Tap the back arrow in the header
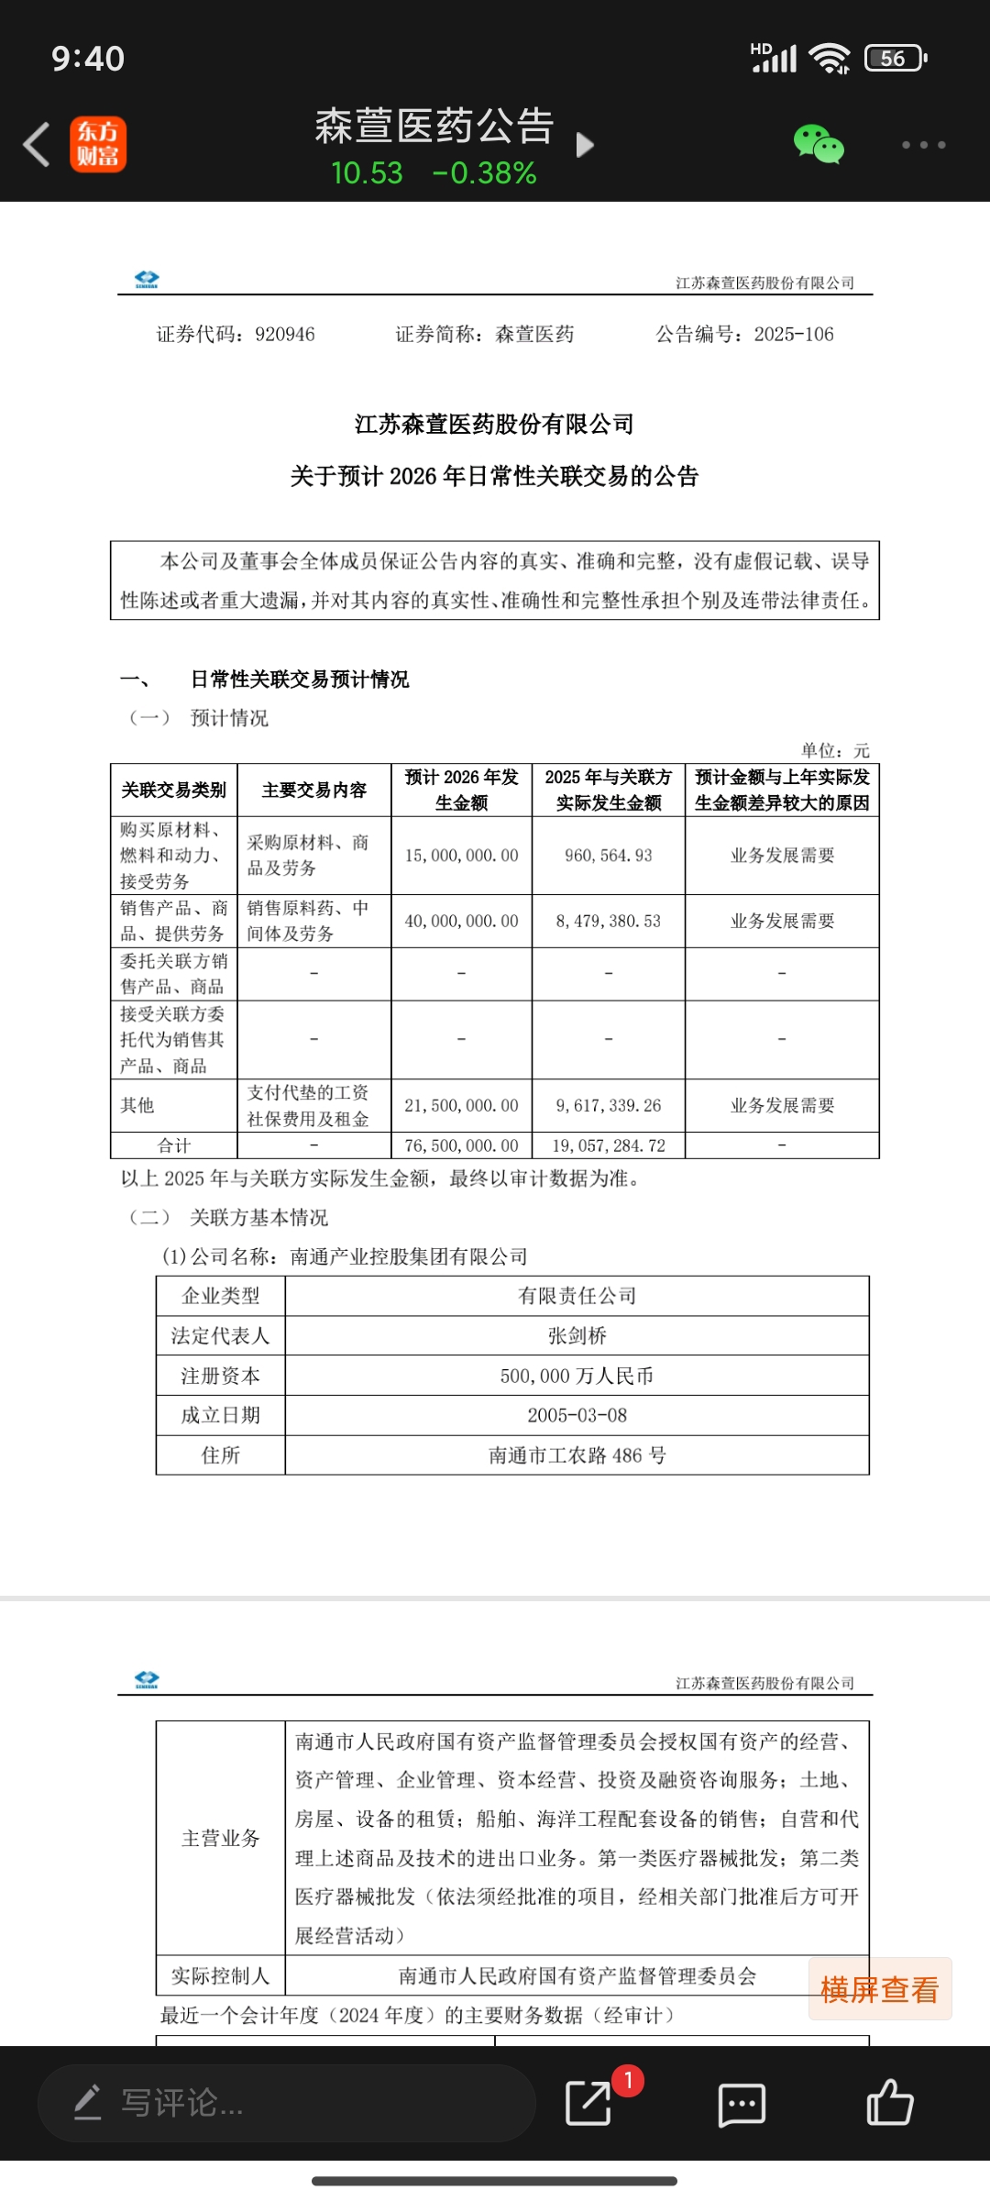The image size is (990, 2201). pos(37,145)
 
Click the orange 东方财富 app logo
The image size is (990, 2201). pos(98,145)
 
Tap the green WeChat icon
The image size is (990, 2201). pos(818,145)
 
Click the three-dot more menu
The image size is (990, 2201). pos(922,145)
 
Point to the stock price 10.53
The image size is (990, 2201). pos(367,173)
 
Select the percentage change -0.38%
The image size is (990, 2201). pos(484,173)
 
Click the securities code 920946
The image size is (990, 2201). pos(285,335)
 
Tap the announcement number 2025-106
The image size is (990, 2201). pos(794,335)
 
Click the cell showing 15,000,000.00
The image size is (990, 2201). pos(461,856)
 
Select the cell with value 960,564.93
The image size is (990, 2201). pos(609,856)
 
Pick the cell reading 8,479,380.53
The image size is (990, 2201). pos(609,922)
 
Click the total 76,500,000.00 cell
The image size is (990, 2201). pos(461,1146)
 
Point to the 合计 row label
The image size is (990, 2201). pos(174,1146)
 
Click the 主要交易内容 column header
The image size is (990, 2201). pos(314,791)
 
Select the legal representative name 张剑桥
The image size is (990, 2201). pos(577,1336)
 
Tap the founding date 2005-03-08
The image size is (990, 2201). pos(577,1416)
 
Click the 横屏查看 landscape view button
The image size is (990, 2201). pos(880,1989)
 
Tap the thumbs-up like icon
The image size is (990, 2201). pos(890,2103)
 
